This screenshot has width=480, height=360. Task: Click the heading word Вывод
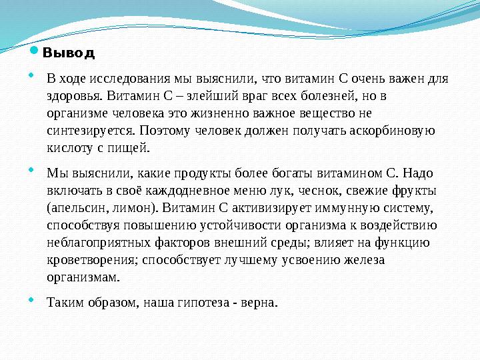click(69, 52)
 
